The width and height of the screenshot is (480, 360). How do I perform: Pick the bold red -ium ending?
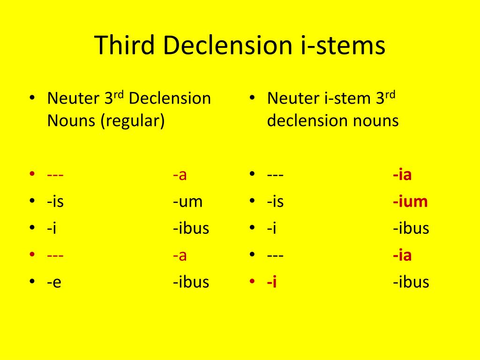coord(410,202)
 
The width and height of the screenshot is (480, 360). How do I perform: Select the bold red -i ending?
coord(272,282)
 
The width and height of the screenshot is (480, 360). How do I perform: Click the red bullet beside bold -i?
coord(252,282)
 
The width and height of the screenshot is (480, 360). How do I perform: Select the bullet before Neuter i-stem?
coord(252,98)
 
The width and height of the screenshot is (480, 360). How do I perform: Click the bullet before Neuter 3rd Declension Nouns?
coord(32,98)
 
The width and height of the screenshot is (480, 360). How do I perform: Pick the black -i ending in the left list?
coord(52,228)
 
